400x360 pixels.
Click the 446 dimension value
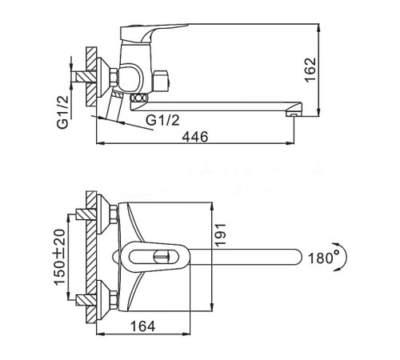click(194, 137)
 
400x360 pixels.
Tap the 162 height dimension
click(310, 70)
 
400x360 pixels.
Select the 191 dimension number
click(221, 234)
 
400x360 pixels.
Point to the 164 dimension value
click(142, 326)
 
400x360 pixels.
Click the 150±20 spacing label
click(59, 257)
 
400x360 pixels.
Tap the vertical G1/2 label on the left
click(63, 112)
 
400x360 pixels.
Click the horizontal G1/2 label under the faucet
click(162, 120)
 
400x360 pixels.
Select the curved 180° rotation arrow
click(345, 257)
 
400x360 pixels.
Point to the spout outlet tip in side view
click(294, 114)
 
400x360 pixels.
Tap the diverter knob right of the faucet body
click(162, 80)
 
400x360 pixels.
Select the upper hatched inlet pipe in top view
click(86, 214)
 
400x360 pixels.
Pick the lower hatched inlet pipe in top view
click(86, 299)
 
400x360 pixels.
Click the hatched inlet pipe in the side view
click(86, 77)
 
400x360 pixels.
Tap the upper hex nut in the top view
click(114, 214)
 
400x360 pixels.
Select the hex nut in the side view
click(114, 77)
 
